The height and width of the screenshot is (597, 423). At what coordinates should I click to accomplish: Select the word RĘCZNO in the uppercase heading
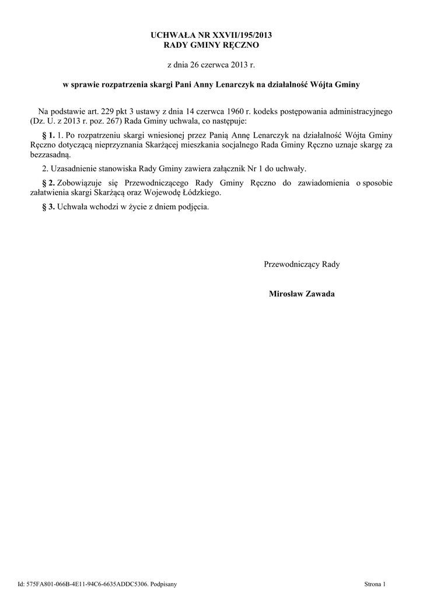pos(238,45)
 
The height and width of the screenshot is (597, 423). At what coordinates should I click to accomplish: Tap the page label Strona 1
pos(375,583)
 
